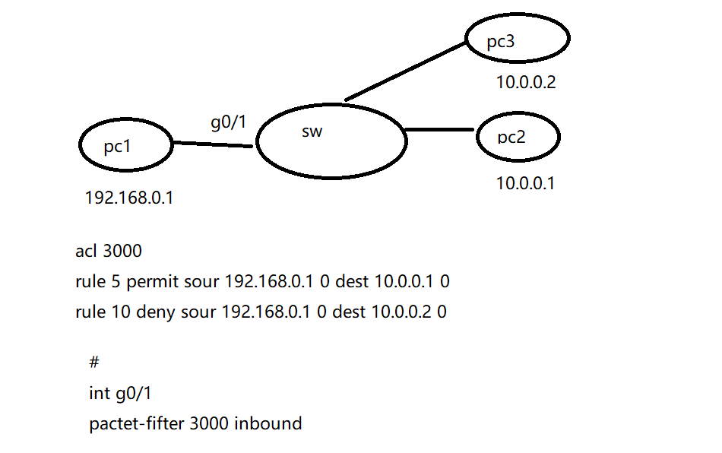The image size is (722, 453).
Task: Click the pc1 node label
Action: [117, 147]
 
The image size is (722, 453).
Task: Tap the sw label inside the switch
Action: [312, 131]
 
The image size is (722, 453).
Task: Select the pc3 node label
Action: [501, 41]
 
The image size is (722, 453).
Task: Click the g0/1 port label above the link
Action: [228, 121]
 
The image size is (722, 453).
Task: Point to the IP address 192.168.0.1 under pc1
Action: [129, 198]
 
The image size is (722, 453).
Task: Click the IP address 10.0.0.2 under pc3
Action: [526, 82]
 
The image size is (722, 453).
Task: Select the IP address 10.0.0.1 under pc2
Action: [525, 183]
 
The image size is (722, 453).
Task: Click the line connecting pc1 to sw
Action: [213, 144]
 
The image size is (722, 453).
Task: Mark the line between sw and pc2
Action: [441, 130]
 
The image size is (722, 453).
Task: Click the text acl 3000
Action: [109, 252]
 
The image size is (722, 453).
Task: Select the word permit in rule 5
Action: [153, 282]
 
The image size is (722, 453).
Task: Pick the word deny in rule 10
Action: [154, 312]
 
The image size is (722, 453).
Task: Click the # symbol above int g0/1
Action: [94, 363]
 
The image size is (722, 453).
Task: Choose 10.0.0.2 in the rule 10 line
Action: [403, 312]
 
